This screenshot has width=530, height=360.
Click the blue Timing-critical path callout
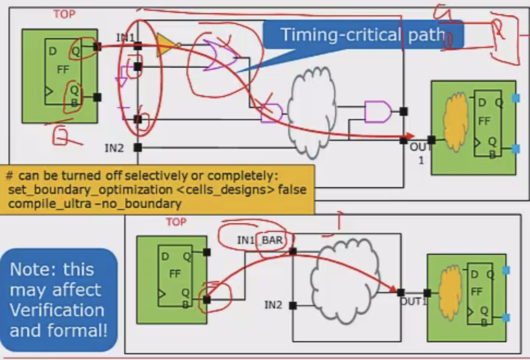pyautogui.click(x=363, y=35)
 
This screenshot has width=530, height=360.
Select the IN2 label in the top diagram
pyautogui.click(x=114, y=148)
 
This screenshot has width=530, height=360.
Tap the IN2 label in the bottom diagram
pyautogui.click(x=274, y=304)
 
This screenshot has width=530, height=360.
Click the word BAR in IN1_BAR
pyautogui.click(x=271, y=240)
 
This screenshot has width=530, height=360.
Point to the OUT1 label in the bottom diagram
pyautogui.click(x=414, y=302)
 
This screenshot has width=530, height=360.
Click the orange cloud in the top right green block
pyautogui.click(x=456, y=122)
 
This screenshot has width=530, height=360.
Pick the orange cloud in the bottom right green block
pyautogui.click(x=450, y=291)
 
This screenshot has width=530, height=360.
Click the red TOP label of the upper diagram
pyautogui.click(x=63, y=14)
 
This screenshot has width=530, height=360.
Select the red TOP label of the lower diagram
pyautogui.click(x=176, y=222)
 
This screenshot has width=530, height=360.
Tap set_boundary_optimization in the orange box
pyautogui.click(x=85, y=190)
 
